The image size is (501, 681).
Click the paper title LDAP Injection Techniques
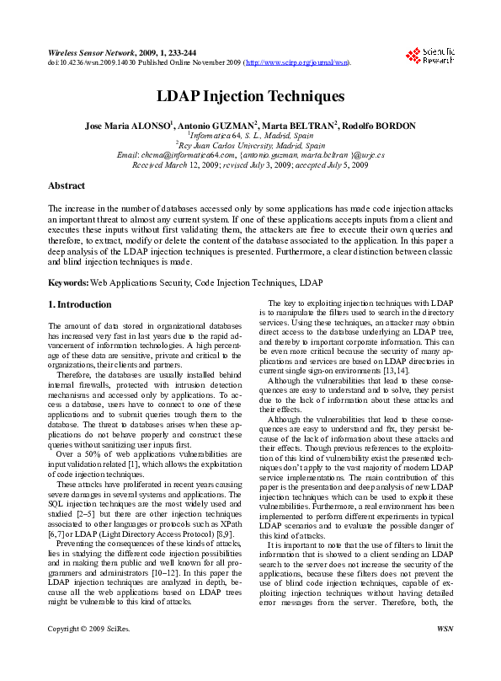[250, 98]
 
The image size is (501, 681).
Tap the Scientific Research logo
[429, 56]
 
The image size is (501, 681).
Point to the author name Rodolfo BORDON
[380, 126]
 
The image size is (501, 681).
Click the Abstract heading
[66, 185]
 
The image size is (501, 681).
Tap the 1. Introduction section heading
[79, 304]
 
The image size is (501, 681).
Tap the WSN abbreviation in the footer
[445, 652]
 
